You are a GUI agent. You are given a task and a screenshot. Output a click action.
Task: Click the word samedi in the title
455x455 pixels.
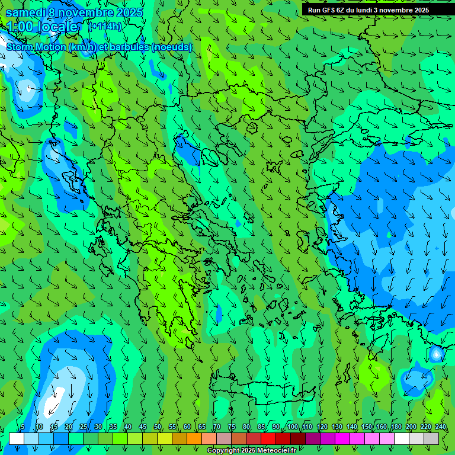[25, 12]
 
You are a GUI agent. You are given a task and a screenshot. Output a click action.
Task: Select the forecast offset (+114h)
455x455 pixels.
[105, 26]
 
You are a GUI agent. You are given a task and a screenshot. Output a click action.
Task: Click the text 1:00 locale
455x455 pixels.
[43, 27]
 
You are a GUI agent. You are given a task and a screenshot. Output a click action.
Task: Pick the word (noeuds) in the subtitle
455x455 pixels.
[172, 47]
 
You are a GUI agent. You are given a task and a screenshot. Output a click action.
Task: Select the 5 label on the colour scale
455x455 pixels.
[23, 427]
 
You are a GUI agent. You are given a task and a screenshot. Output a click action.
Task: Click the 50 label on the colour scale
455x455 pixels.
[158, 427]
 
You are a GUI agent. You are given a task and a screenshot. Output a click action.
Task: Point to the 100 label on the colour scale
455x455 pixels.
[293, 427]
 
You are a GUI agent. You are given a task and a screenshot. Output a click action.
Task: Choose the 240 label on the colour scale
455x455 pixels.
[441, 427]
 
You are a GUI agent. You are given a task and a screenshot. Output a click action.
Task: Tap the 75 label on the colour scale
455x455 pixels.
[232, 427]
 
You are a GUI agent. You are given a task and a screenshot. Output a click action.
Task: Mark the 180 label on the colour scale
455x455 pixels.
[395, 427]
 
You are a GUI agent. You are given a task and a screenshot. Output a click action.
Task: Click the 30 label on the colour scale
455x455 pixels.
[98, 427]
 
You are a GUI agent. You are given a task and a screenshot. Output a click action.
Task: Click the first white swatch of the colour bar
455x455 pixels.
[17, 438]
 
